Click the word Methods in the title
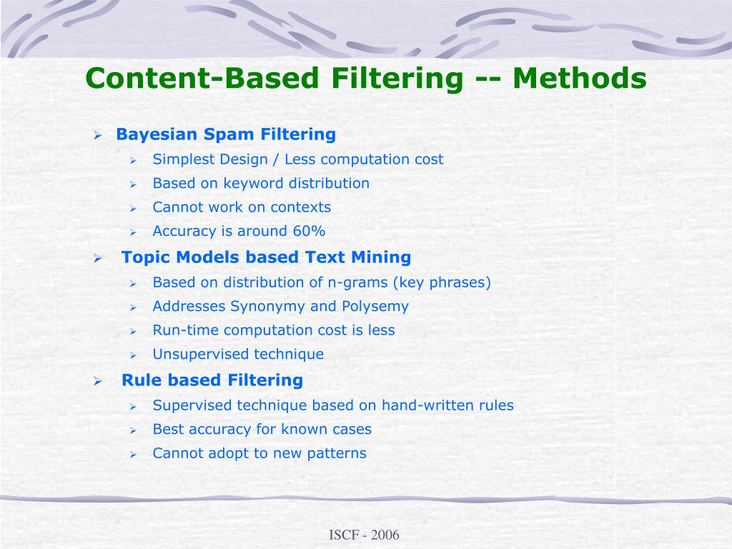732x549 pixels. click(x=579, y=78)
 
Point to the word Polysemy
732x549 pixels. click(x=375, y=307)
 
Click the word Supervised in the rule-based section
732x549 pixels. click(x=192, y=405)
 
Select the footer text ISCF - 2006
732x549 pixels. click(x=364, y=535)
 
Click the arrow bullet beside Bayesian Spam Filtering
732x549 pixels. click(x=99, y=135)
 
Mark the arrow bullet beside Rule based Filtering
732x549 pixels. click(x=99, y=381)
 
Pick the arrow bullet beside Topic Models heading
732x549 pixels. click(x=99, y=258)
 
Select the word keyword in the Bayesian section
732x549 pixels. click(x=253, y=183)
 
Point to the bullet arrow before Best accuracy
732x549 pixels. click(x=133, y=430)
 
